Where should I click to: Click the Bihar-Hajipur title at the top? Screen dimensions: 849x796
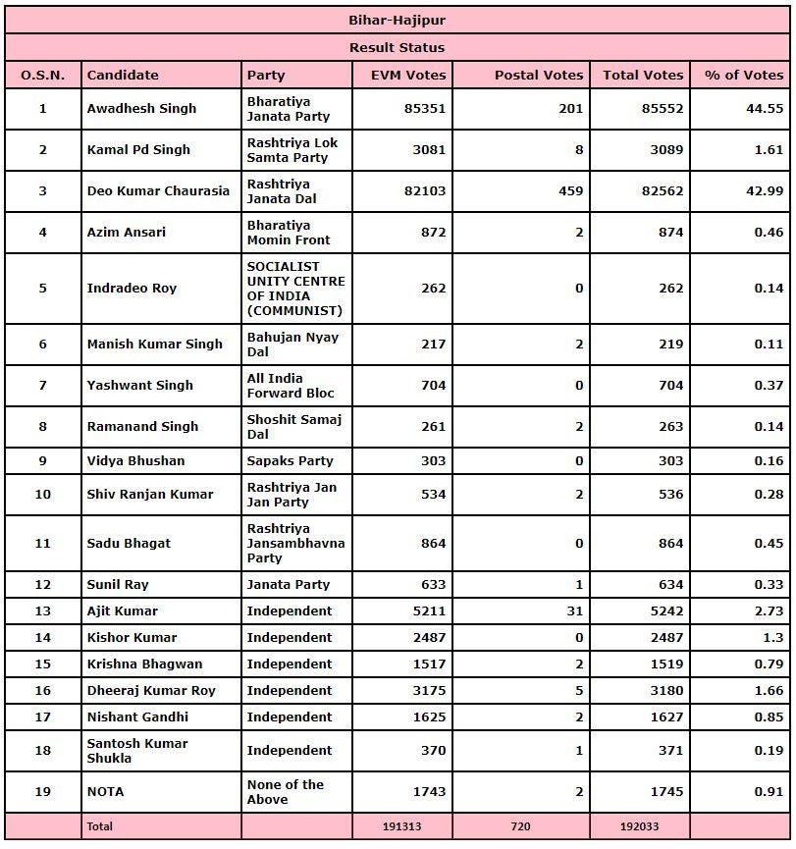(x=398, y=20)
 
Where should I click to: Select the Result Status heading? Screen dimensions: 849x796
(x=398, y=47)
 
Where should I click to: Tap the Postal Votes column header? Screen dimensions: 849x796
(x=539, y=75)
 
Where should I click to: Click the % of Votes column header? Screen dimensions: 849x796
(x=743, y=75)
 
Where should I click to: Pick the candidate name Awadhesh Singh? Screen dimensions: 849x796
(x=141, y=109)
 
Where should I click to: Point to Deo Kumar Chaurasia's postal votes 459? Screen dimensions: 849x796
(x=571, y=191)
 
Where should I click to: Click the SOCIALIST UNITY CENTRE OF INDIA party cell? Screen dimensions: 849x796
(x=295, y=289)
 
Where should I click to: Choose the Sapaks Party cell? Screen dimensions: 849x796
(x=290, y=461)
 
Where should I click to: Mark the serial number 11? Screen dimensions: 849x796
(x=42, y=544)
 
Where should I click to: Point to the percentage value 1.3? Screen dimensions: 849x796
(x=772, y=638)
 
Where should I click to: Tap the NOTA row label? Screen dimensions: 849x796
(x=106, y=792)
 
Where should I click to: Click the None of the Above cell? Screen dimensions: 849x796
(x=286, y=792)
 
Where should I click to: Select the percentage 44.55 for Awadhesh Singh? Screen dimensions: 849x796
(x=765, y=109)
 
